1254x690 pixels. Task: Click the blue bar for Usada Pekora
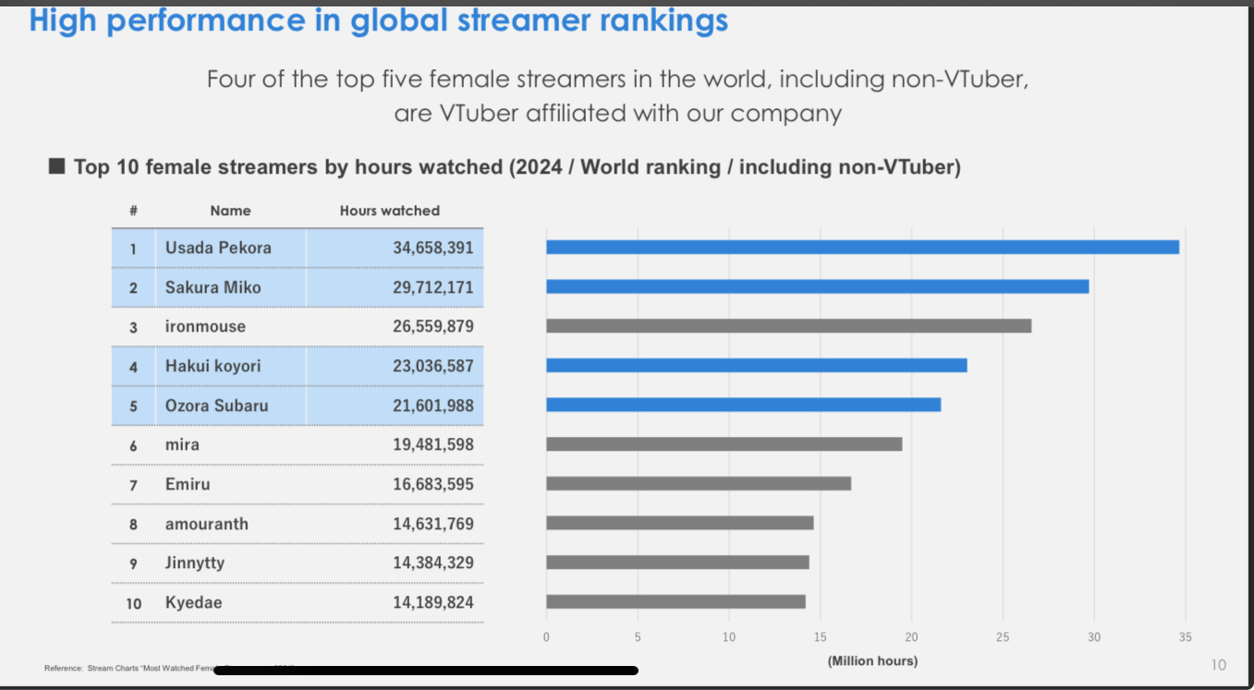click(x=862, y=248)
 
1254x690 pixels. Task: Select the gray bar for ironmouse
click(x=788, y=326)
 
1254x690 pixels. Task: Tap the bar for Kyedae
click(x=676, y=602)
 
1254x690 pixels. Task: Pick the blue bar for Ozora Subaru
click(x=743, y=405)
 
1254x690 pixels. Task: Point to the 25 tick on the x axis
click(x=1003, y=637)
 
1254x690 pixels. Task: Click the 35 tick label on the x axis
click(x=1186, y=637)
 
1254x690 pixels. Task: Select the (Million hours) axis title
click(x=872, y=661)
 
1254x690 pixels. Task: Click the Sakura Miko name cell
click(x=213, y=287)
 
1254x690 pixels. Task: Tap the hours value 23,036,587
click(x=432, y=366)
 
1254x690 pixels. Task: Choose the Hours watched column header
click(x=390, y=211)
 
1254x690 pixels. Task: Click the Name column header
click(x=230, y=211)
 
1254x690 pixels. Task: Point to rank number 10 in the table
click(x=134, y=603)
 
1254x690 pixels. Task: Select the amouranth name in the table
click(x=207, y=524)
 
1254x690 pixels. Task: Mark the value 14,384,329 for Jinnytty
click(x=432, y=563)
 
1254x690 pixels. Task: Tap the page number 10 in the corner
click(x=1218, y=665)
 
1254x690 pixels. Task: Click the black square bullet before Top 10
click(x=56, y=166)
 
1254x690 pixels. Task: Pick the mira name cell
click(x=182, y=445)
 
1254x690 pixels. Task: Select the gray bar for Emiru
click(x=699, y=484)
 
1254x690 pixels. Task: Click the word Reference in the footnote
click(x=63, y=668)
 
